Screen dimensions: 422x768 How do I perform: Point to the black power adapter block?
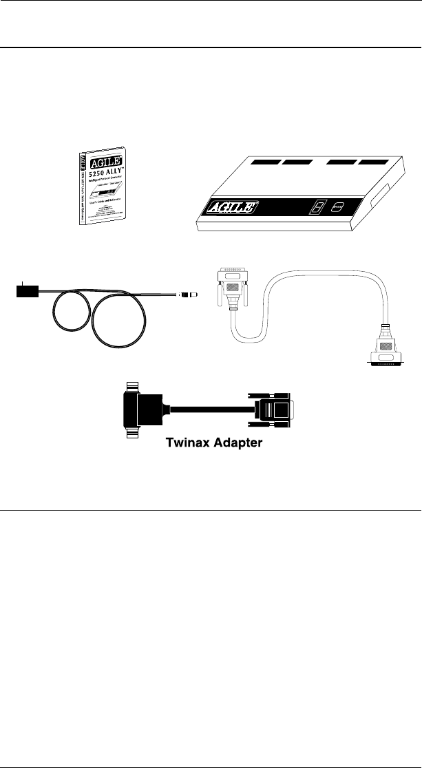tap(25, 291)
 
